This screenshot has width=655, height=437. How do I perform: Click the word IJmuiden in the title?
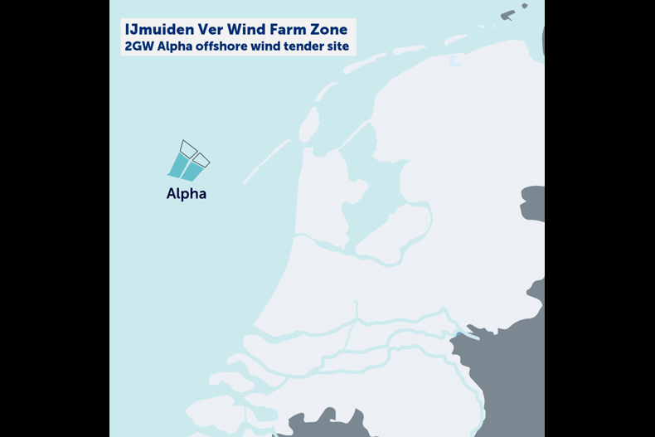155,30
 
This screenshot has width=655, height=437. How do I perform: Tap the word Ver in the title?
203,30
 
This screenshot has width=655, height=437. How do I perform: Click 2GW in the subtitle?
138,46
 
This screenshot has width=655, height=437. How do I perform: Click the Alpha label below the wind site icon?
187,194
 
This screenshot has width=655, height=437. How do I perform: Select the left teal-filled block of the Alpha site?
178,165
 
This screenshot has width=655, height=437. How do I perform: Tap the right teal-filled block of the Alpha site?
193,171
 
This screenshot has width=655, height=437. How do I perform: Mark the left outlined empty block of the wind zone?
188,148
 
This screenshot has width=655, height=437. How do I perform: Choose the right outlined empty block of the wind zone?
201,159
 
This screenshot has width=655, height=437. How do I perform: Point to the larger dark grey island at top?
507,14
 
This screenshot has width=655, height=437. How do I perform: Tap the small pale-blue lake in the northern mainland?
454,60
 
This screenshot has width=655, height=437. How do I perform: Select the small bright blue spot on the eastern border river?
458,335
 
